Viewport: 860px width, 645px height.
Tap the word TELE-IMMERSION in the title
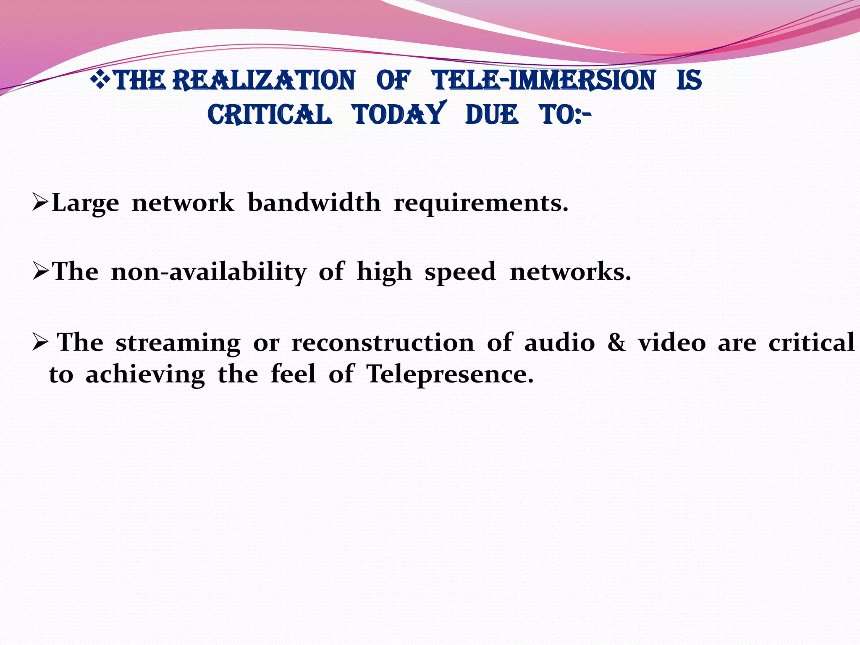(544, 80)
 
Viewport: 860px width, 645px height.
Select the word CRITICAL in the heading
(270, 115)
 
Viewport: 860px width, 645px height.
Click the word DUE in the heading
(492, 115)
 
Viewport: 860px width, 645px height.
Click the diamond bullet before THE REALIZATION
(100, 79)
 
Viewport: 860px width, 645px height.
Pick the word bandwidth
(314, 202)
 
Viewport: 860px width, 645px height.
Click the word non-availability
(209, 272)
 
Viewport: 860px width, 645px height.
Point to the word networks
(570, 271)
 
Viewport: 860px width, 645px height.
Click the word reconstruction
(383, 343)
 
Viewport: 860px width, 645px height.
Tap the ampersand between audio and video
(616, 343)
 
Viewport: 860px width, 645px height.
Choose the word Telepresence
(450, 374)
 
